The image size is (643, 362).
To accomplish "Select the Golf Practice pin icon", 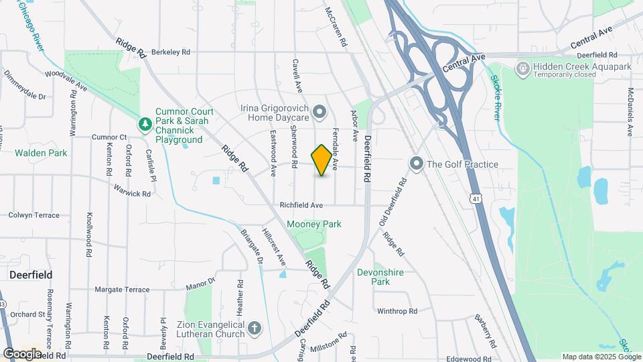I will click(x=417, y=164).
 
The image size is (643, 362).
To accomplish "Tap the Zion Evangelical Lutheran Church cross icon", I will click(x=254, y=328).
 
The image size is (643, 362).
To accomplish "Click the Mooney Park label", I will click(x=314, y=224).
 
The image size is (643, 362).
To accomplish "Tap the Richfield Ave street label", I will click(x=301, y=205).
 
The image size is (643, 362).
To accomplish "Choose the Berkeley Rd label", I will click(x=171, y=52).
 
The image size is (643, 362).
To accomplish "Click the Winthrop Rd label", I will click(x=397, y=311).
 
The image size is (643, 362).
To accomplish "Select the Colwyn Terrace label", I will click(x=34, y=215).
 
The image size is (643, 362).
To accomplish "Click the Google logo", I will click(x=22, y=353).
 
